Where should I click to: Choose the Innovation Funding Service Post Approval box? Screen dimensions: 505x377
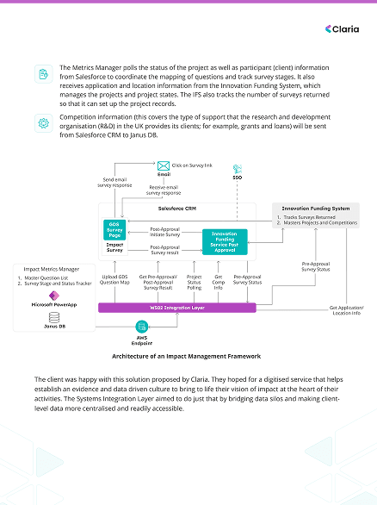pyautogui.click(x=225, y=240)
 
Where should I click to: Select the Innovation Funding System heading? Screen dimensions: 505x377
pyautogui.click(x=317, y=209)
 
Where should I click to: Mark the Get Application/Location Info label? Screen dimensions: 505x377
pyautogui.click(x=347, y=310)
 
